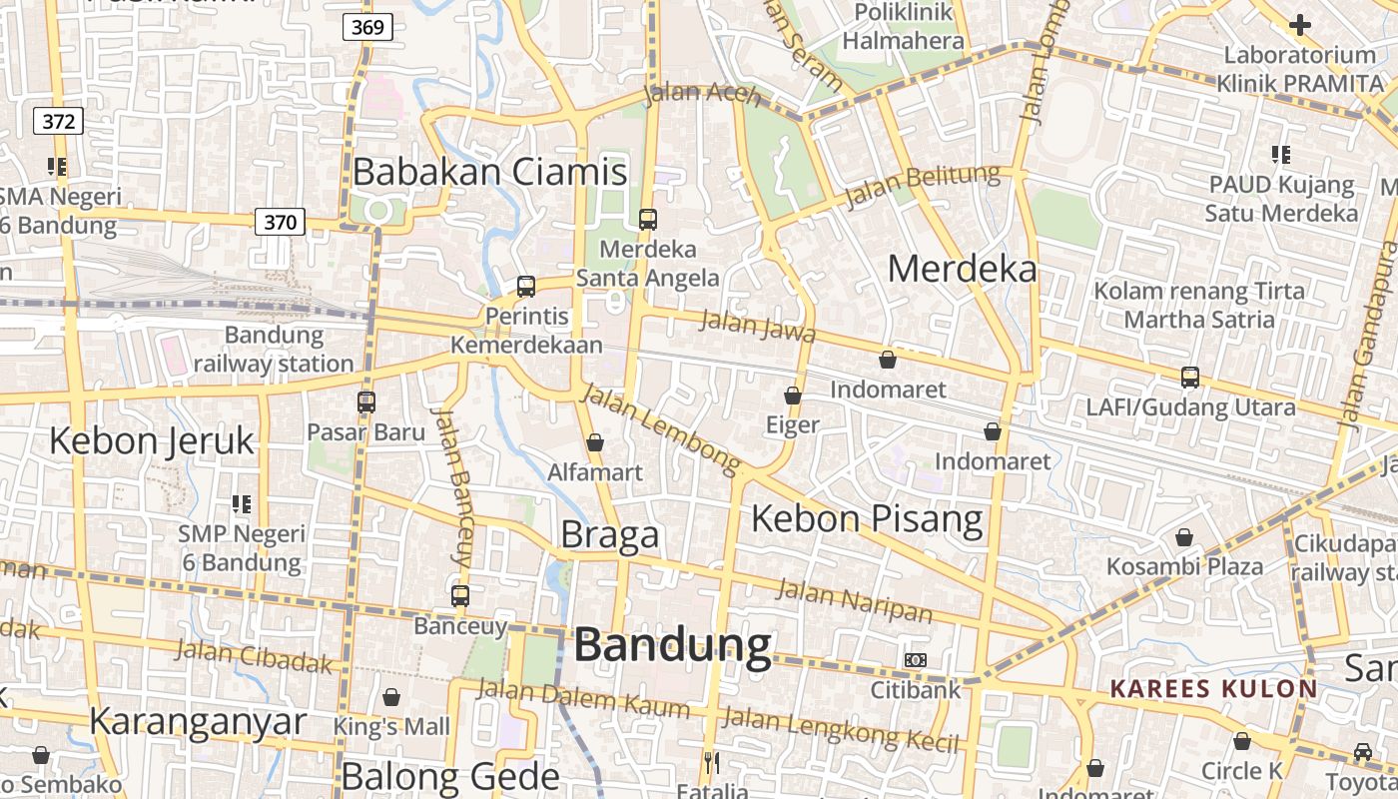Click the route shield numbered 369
coord(367,27)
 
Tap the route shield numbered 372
coord(58,122)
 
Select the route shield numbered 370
coord(280,222)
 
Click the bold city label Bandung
coord(672,645)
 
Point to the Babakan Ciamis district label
coord(489,172)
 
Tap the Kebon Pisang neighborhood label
coord(867,518)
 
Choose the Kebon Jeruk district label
coord(152,440)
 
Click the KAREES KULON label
coord(1213,688)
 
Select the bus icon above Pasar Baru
coord(366,402)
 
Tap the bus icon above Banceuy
coord(460,596)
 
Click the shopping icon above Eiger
coord(793,397)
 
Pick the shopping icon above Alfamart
coord(595,442)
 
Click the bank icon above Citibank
coord(915,660)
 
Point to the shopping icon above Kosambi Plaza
coord(1184,538)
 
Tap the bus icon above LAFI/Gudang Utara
coord(1190,378)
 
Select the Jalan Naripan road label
coord(854,599)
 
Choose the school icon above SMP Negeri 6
coord(241,504)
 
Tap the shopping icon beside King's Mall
coord(391,697)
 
